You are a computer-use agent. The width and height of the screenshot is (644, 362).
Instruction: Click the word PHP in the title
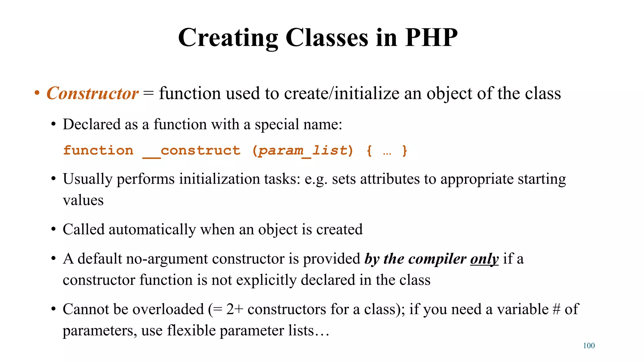point(431,38)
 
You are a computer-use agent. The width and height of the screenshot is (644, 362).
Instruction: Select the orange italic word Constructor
point(92,93)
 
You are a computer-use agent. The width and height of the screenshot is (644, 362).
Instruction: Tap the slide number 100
point(589,346)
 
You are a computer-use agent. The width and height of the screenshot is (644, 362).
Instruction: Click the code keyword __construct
point(191,151)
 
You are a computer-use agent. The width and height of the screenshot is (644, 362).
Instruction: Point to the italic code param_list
point(303,151)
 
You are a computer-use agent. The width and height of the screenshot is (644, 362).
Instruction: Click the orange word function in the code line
point(98,151)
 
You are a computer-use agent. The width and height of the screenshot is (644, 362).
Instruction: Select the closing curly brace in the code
point(405,151)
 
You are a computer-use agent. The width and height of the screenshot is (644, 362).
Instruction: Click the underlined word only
point(484,259)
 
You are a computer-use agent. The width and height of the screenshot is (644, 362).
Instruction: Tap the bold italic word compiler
point(437,259)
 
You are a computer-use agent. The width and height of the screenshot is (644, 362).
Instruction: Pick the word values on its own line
point(83,200)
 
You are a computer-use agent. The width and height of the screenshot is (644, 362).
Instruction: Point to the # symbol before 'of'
point(556,309)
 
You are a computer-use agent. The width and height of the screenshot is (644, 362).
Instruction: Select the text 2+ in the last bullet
point(235,309)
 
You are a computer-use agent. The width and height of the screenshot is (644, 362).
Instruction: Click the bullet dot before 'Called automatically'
point(53,230)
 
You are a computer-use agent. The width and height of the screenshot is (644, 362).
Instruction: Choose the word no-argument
point(167,259)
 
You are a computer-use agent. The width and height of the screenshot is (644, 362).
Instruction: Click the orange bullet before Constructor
point(37,93)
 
